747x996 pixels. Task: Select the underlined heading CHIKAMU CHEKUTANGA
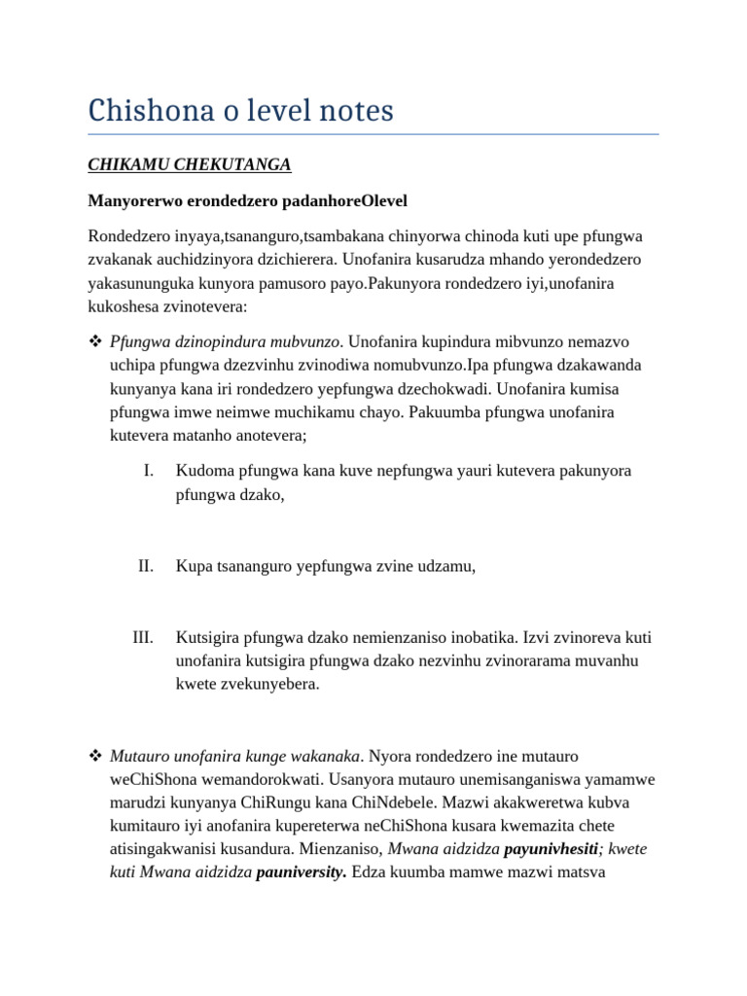[x=190, y=164]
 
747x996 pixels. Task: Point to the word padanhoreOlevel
[x=345, y=200]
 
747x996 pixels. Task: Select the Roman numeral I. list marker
[x=148, y=471]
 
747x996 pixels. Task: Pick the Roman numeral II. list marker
[x=146, y=566]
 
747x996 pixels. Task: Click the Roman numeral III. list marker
[x=143, y=638]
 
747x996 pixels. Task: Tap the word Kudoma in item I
[x=202, y=471]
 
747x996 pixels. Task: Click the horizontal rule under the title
[x=373, y=134]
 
